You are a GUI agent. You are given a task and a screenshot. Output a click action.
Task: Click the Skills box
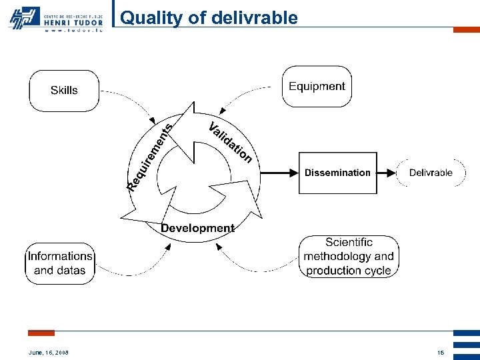click(x=64, y=91)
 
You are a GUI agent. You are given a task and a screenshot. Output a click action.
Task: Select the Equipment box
click(x=317, y=87)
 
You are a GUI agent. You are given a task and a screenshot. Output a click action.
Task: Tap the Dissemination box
click(x=337, y=173)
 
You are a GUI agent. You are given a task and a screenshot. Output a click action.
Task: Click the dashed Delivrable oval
click(x=431, y=173)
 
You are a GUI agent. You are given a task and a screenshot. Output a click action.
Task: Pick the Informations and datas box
click(x=61, y=263)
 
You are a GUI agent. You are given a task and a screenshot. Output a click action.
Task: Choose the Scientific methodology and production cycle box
click(x=349, y=257)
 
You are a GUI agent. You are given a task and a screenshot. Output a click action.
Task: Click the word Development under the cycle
click(x=197, y=228)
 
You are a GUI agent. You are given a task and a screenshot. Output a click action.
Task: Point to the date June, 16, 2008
click(x=49, y=352)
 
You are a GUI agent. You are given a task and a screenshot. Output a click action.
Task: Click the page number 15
click(x=440, y=352)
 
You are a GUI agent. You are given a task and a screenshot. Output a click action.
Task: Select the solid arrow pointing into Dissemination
click(x=273, y=173)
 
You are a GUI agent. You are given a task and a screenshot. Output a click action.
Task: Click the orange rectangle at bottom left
click(x=41, y=333)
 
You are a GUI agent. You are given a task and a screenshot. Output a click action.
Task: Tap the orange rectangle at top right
click(x=466, y=30)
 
